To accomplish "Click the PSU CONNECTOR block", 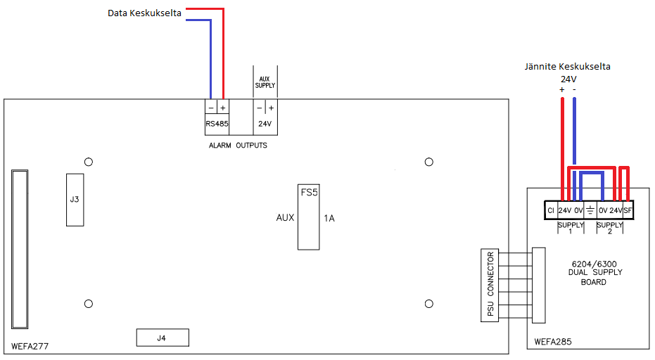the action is (x=490, y=285).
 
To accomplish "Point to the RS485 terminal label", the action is (x=217, y=124).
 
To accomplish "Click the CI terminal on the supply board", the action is (x=551, y=210).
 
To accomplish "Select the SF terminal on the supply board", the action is (x=628, y=210).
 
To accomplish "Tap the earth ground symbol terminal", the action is (x=590, y=210).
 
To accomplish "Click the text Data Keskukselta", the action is (x=144, y=13).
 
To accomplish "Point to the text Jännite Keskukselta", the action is (x=567, y=66).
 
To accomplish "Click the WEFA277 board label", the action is (x=30, y=346).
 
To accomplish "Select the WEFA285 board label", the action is (x=553, y=342).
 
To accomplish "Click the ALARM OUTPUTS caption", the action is (x=238, y=146).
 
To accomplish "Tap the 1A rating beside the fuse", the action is (x=329, y=218).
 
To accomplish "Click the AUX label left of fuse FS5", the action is (x=286, y=217).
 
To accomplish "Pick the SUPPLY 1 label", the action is (x=571, y=228).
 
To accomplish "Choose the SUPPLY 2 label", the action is (x=609, y=228).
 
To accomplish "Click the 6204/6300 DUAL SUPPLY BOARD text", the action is (x=594, y=273).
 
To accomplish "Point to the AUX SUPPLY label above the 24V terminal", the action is (x=265, y=82).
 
